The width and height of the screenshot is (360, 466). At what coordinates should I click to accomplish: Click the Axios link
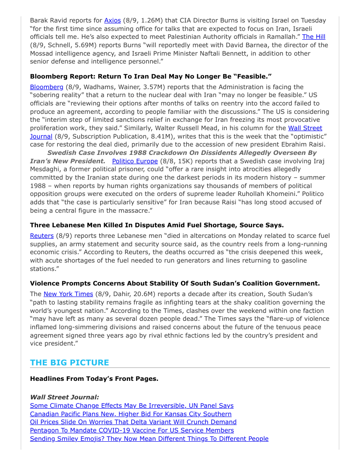point(112,20)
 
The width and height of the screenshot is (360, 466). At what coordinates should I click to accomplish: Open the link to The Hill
point(314,37)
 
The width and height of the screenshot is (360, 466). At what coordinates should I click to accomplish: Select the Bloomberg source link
point(46,87)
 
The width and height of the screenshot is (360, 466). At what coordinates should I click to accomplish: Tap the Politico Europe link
point(135,161)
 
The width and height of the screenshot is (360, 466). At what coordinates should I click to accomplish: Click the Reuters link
point(41,236)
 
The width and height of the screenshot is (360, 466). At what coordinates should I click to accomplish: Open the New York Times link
point(68,294)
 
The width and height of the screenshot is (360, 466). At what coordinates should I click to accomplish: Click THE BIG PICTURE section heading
point(69,363)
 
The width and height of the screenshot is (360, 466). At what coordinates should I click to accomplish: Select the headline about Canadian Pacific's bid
point(131,414)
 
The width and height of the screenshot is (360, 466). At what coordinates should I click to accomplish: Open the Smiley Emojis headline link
point(149,439)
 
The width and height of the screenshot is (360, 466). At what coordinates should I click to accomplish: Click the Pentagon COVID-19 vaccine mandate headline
point(132,430)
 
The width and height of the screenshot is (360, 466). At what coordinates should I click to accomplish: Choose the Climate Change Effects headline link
point(131,406)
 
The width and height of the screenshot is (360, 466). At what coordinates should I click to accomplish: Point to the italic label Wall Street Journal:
point(64,397)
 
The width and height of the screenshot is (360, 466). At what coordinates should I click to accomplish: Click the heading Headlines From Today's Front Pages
point(94,379)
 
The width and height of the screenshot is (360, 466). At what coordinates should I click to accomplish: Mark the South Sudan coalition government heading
point(175,283)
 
